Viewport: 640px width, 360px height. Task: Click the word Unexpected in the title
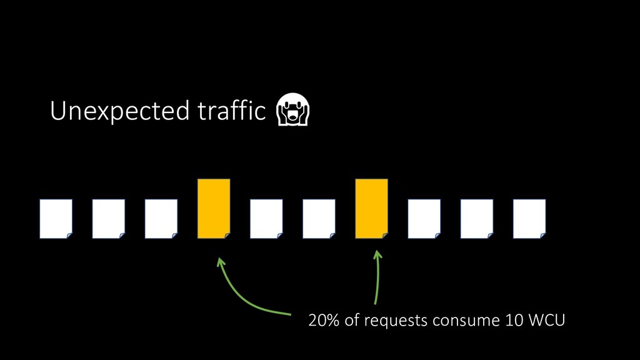(119, 112)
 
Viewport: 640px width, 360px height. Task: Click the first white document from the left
(56, 219)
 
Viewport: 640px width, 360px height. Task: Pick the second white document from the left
(108, 219)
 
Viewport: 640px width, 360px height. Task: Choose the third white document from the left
(161, 219)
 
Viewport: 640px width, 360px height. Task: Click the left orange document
(214, 209)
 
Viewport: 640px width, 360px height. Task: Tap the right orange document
(371, 209)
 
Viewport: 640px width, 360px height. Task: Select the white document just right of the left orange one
(266, 219)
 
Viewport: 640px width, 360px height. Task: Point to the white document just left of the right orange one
(319, 219)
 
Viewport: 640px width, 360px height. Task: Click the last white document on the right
(529, 219)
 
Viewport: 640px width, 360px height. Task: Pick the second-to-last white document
(476, 219)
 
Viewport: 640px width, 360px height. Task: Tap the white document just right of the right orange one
(424, 219)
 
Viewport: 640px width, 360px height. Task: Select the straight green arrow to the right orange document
(377, 278)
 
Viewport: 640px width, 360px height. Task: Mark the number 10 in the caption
(509, 321)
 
